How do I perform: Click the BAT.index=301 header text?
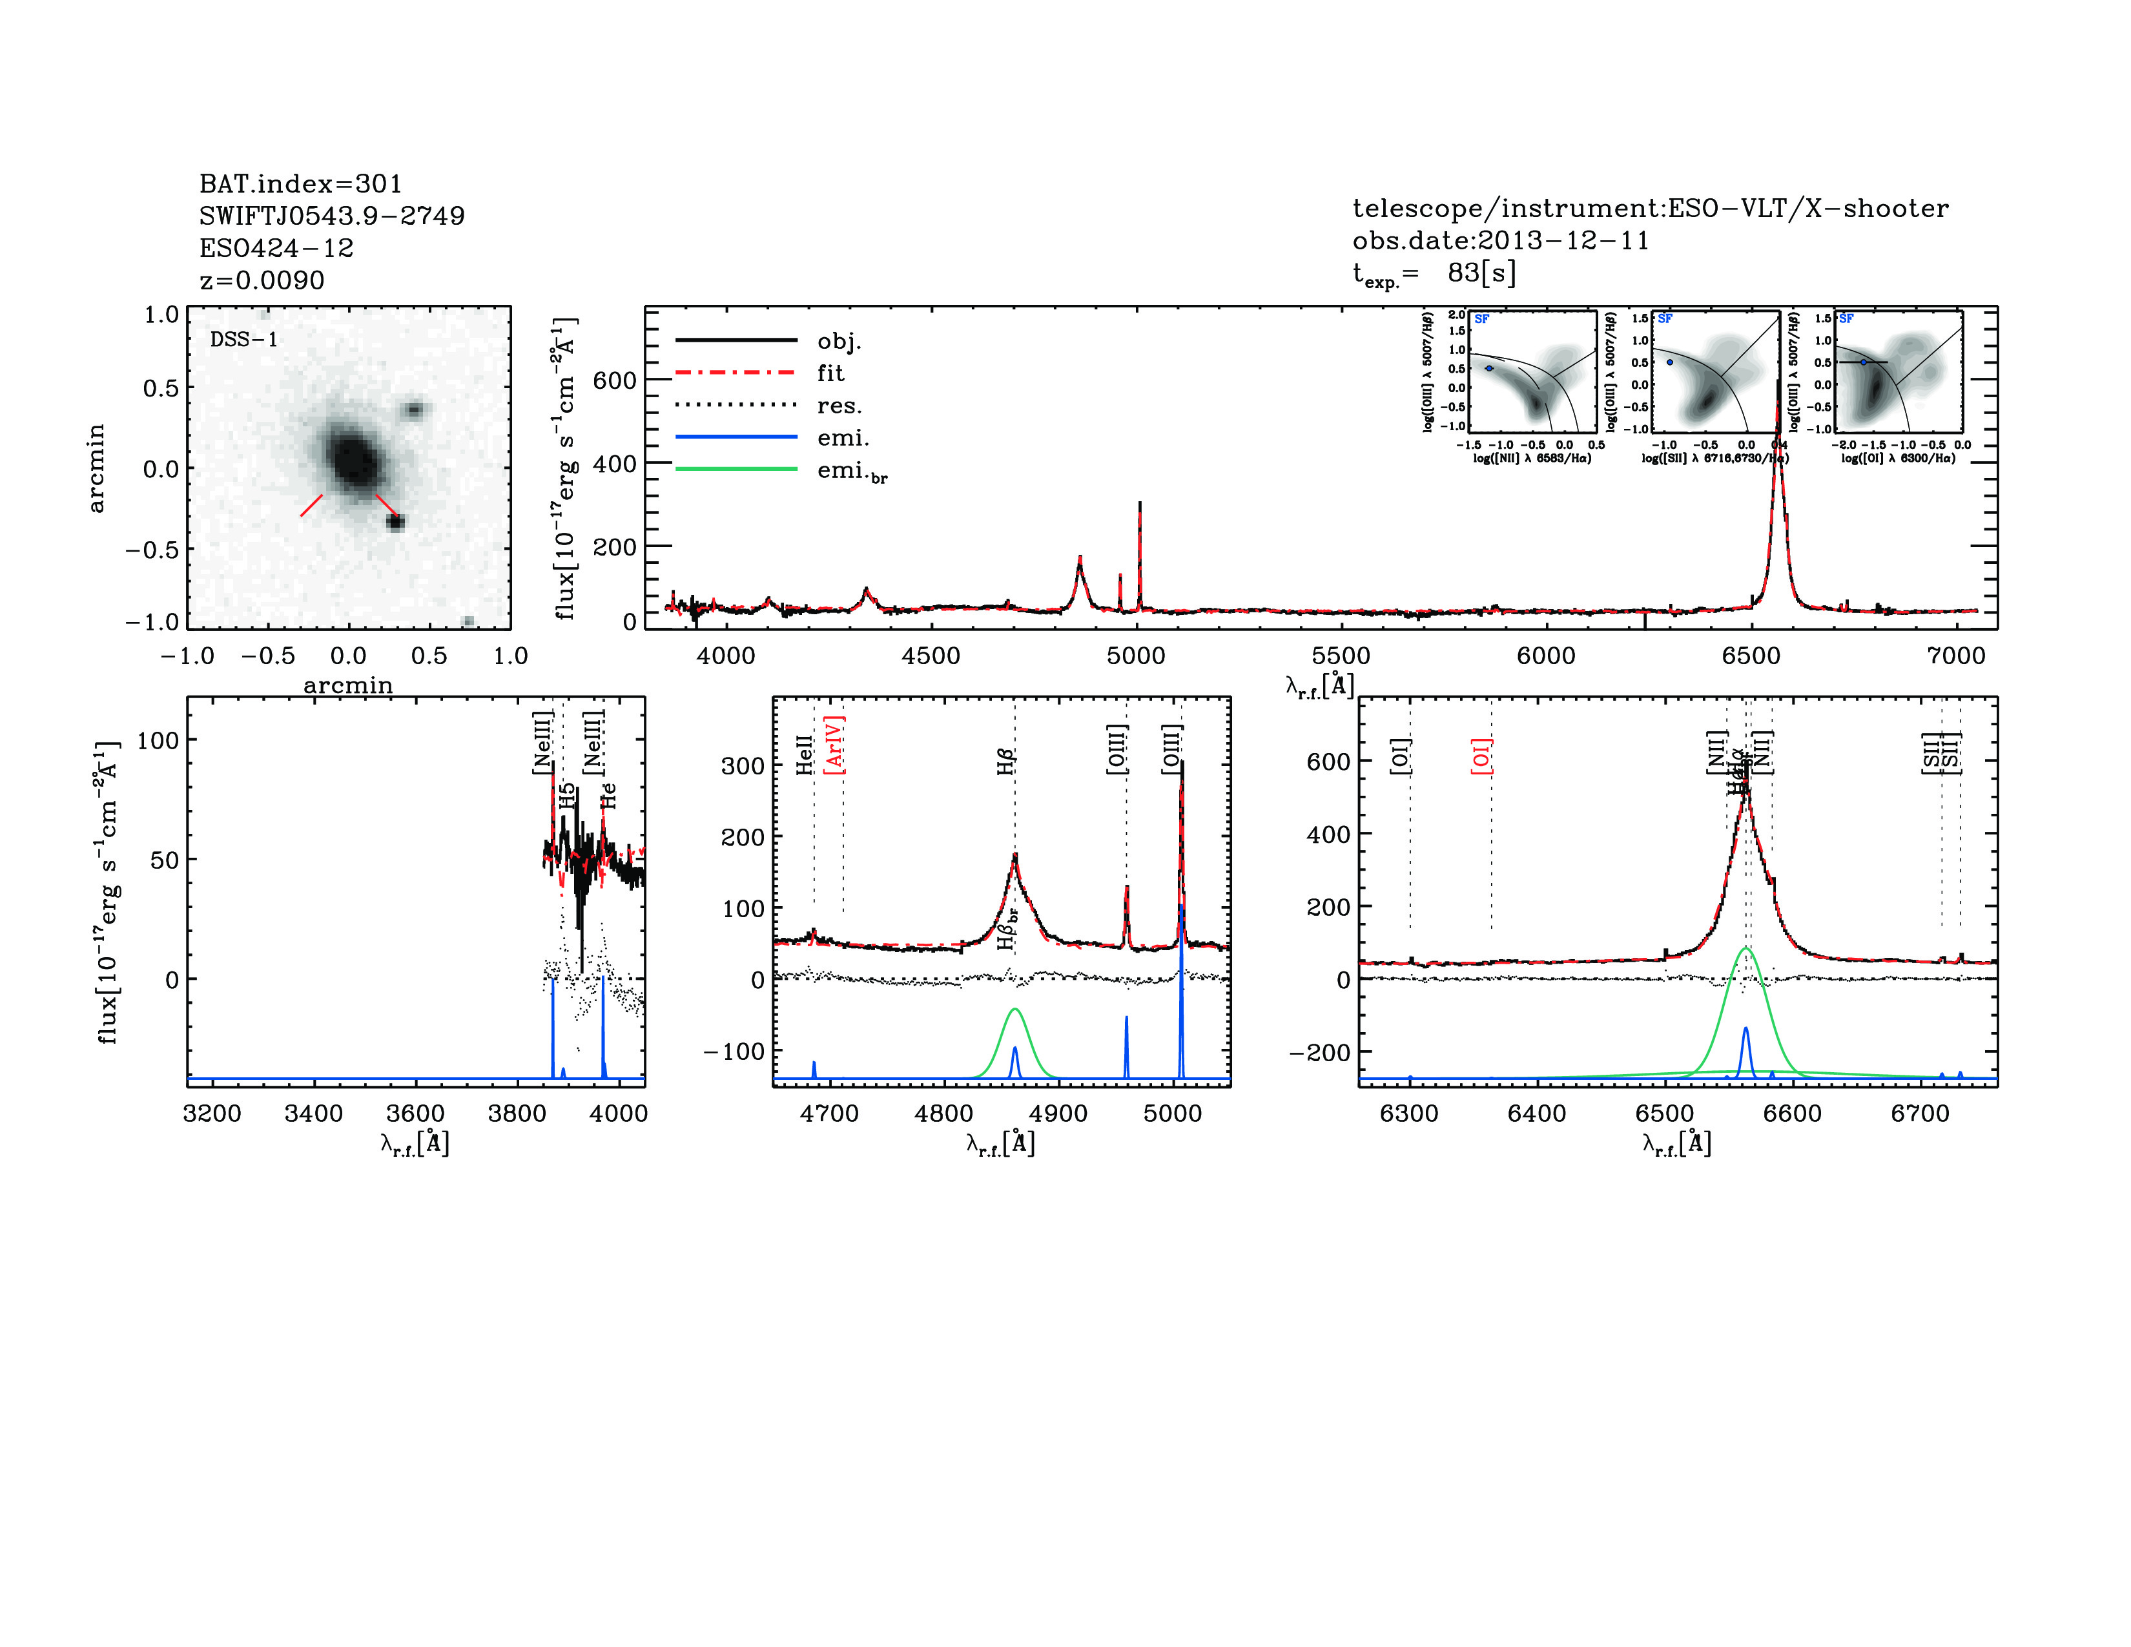(300, 183)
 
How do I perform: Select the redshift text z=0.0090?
(262, 280)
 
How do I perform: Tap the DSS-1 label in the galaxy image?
(244, 340)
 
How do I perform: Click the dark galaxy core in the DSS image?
(351, 457)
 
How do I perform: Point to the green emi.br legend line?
(737, 470)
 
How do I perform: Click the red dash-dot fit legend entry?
(737, 373)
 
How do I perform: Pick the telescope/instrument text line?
(1650, 208)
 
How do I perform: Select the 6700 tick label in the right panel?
(1920, 1114)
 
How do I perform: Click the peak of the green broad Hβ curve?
(1014, 1010)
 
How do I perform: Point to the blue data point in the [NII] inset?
(1489, 368)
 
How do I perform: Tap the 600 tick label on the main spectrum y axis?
(613, 380)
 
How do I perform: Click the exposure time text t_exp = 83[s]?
(1434, 273)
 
